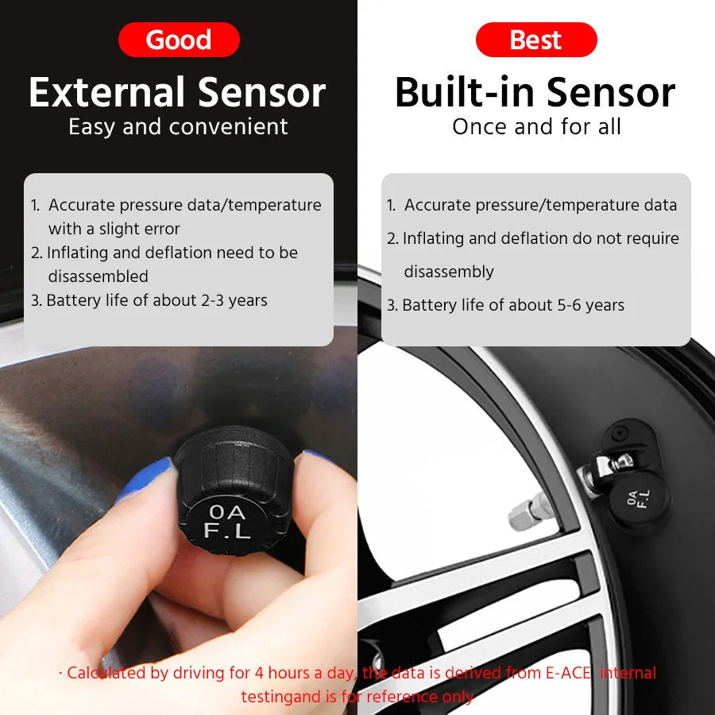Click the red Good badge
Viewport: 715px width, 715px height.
(x=179, y=40)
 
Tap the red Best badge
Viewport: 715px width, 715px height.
(x=536, y=40)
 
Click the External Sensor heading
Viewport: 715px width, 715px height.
(x=177, y=92)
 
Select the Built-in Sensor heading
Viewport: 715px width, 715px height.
(x=535, y=92)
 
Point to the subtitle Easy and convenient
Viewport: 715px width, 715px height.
(x=178, y=126)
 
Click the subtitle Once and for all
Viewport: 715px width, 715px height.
(x=536, y=126)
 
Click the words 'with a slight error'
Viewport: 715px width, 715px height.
(x=114, y=229)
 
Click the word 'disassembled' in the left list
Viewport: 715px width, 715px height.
(x=98, y=276)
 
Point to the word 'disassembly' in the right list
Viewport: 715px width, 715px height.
(x=449, y=272)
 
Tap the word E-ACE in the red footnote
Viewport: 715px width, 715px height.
(x=568, y=673)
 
